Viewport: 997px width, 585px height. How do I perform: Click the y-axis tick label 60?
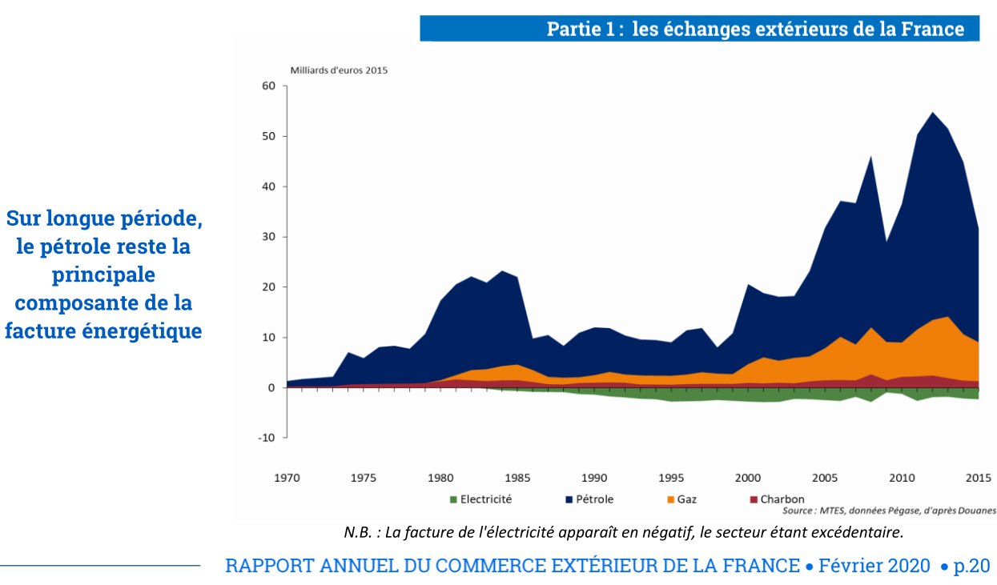pos(267,86)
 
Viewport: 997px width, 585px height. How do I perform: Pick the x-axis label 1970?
pos(287,479)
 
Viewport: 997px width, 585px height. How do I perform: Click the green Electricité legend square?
pos(453,499)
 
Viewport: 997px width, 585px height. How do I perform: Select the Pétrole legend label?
pos(593,499)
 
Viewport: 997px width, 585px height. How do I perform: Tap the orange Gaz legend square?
pos(669,499)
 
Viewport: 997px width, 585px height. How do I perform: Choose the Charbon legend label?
pos(782,499)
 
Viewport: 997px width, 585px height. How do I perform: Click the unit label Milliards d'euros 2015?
pos(339,70)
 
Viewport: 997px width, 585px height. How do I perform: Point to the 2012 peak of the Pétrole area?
pos(933,113)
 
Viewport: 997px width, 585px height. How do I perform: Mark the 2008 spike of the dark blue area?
pos(871,157)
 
